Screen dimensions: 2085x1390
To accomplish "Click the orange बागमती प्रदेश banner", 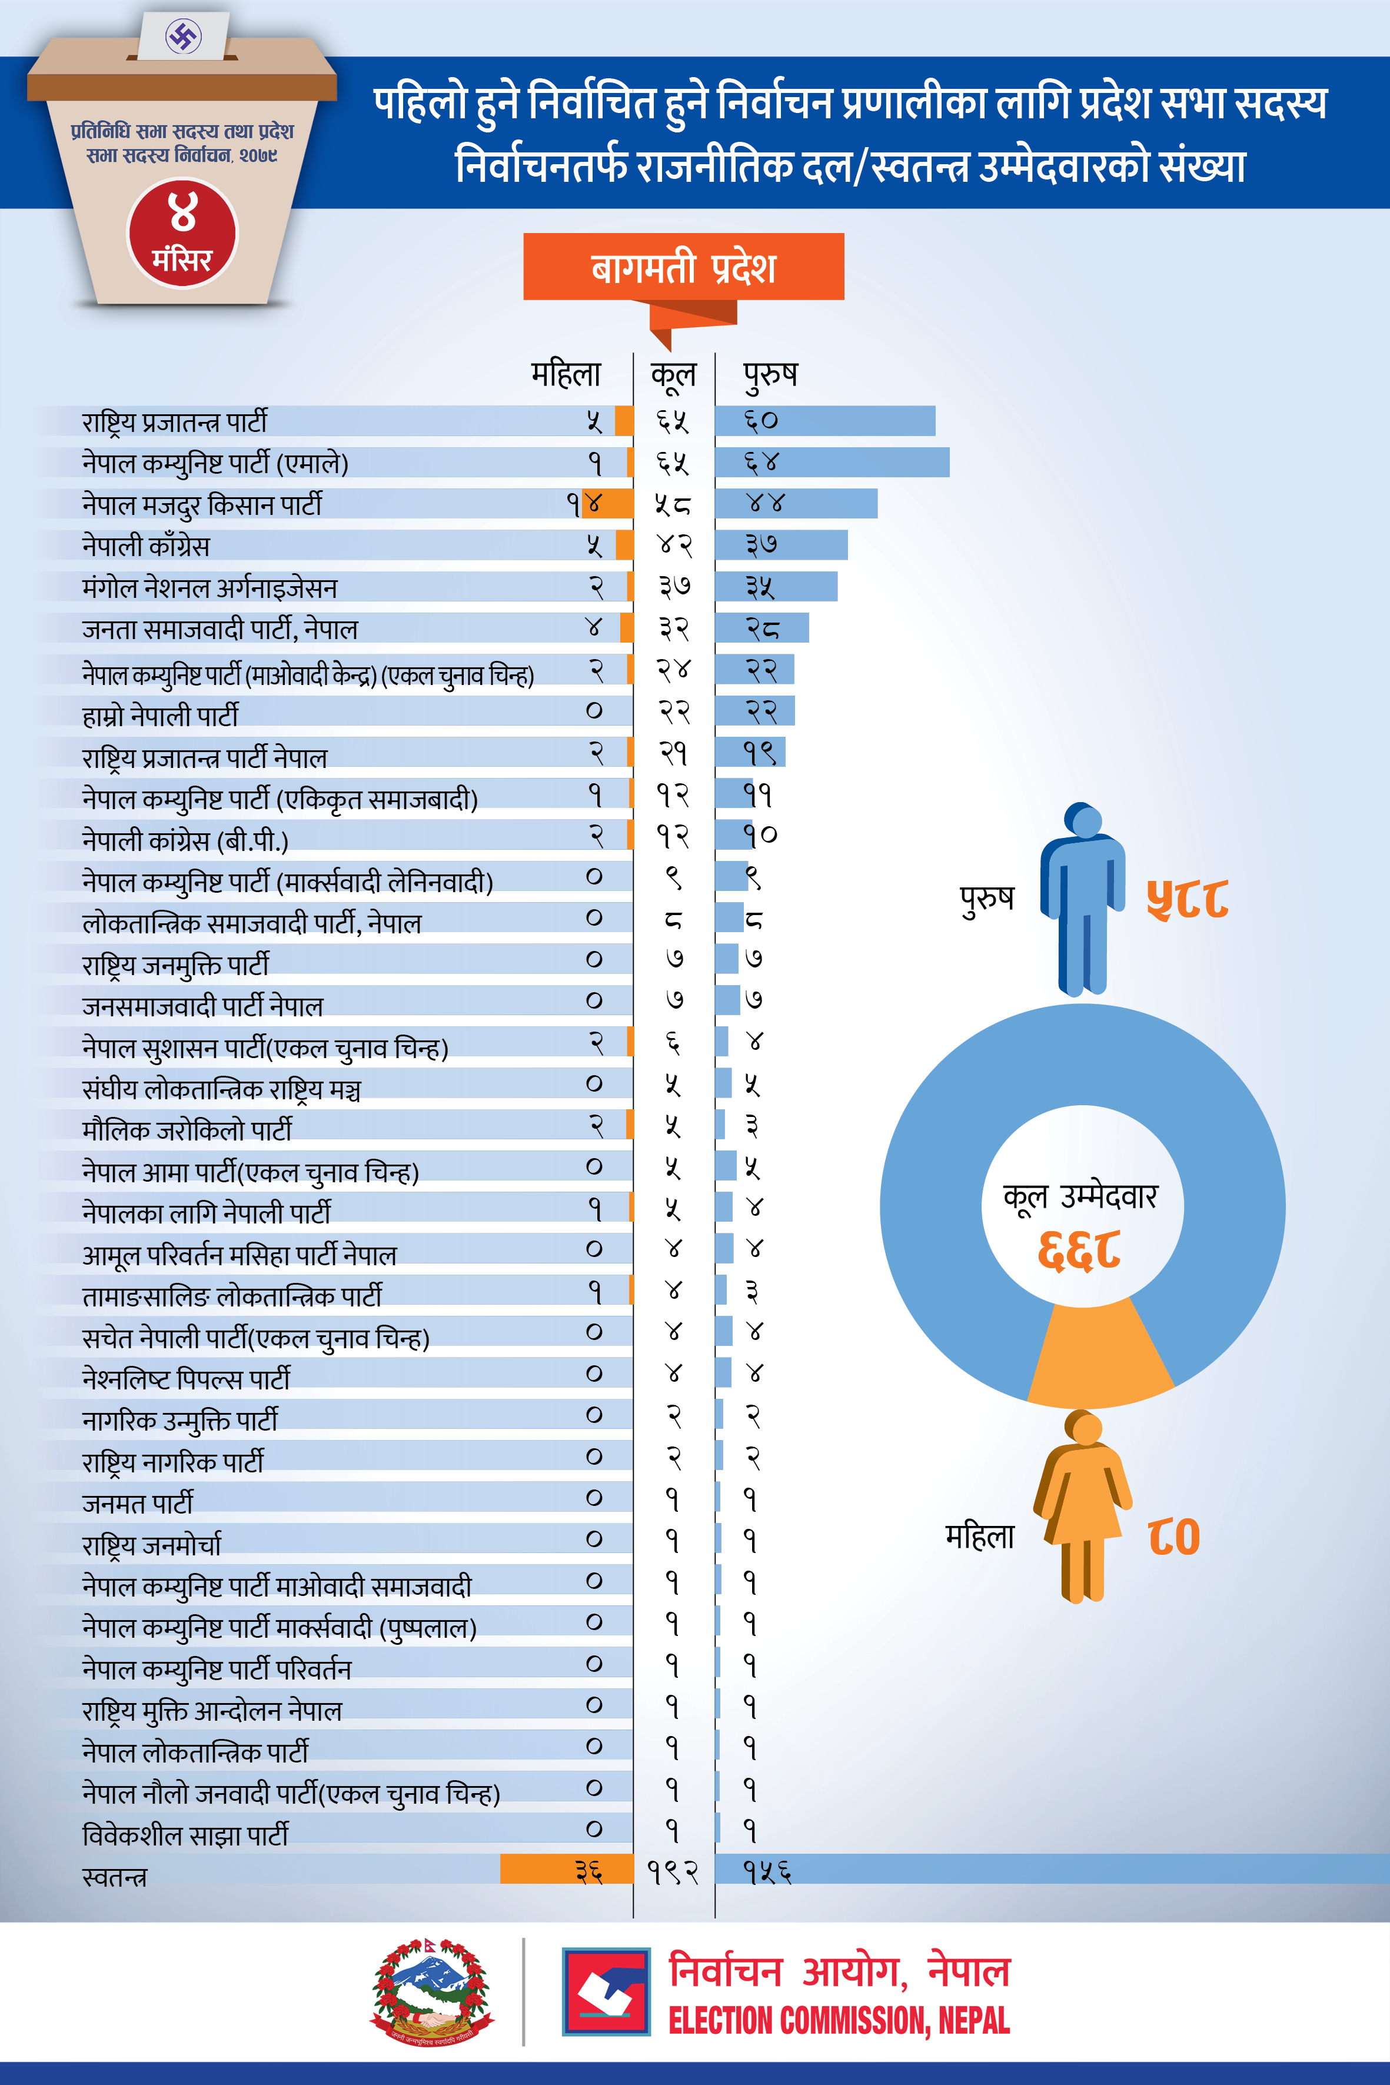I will (683, 267).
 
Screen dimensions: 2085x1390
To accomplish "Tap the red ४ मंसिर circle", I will (182, 233).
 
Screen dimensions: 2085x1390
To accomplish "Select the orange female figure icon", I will (1082, 1507).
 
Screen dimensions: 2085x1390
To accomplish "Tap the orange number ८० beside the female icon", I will (1173, 1537).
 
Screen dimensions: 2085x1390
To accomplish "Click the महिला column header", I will (566, 375).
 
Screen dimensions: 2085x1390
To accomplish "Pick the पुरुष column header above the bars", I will (770, 375).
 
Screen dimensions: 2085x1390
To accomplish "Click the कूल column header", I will (674, 375).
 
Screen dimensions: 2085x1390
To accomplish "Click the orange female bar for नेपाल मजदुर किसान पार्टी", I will (609, 504).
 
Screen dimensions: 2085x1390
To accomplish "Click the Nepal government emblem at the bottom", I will (432, 1990).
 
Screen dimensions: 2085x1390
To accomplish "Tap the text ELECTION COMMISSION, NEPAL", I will (839, 2020).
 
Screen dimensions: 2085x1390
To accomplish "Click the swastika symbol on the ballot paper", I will (184, 36).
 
